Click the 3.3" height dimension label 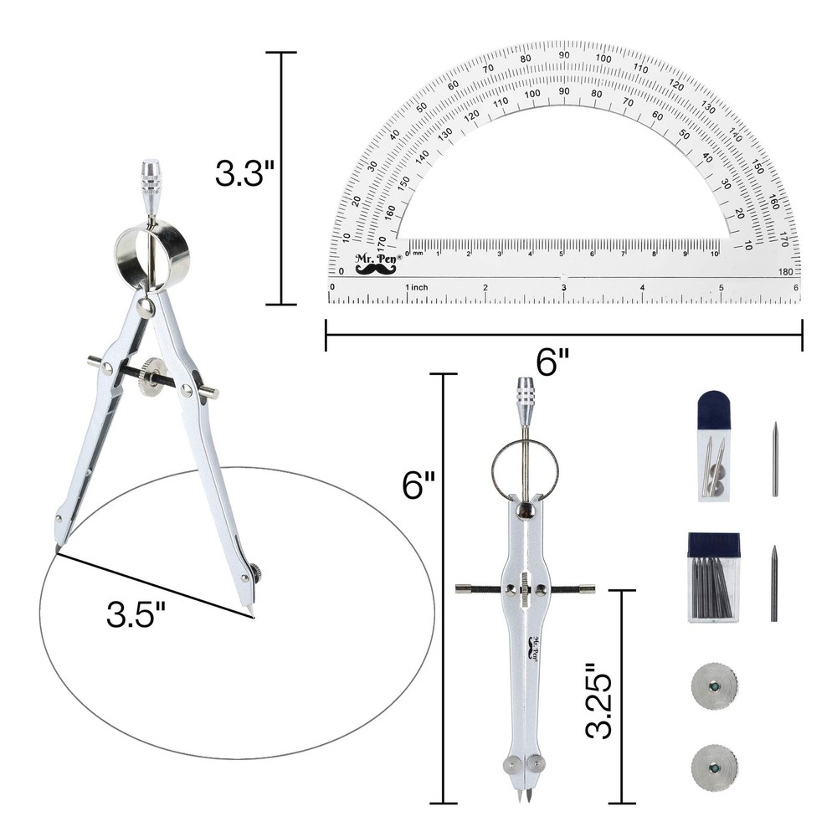pos(245,174)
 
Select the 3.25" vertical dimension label pos(601,701)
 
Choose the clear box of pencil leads pos(713,577)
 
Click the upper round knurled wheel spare pos(714,687)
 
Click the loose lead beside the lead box pos(774,583)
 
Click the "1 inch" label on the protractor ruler pos(416,287)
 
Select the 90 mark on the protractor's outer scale pos(565,55)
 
